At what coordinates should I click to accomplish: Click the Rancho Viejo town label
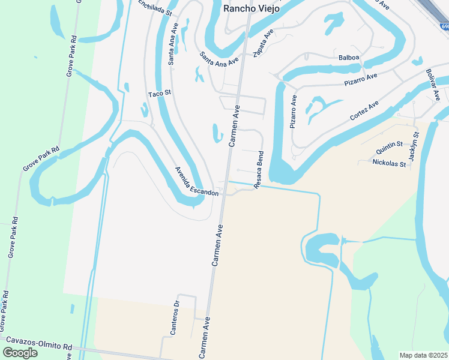pyautogui.click(x=251, y=8)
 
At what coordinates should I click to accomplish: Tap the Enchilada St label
pyautogui.click(x=155, y=8)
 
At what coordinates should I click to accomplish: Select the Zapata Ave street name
pyautogui.click(x=263, y=44)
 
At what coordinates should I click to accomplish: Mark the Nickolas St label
pyautogui.click(x=390, y=163)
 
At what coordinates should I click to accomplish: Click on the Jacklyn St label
pyautogui.click(x=412, y=147)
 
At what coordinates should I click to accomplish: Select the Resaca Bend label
pyautogui.click(x=259, y=170)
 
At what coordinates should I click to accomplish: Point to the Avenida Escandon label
pyautogui.click(x=196, y=181)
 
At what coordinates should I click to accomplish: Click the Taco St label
pyautogui.click(x=160, y=94)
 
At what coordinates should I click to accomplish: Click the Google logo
pyautogui.click(x=19, y=352)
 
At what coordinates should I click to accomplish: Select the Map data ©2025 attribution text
pyautogui.click(x=423, y=355)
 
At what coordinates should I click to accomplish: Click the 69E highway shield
pyautogui.click(x=444, y=26)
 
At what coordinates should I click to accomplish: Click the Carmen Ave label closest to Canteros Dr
pyautogui.click(x=203, y=338)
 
